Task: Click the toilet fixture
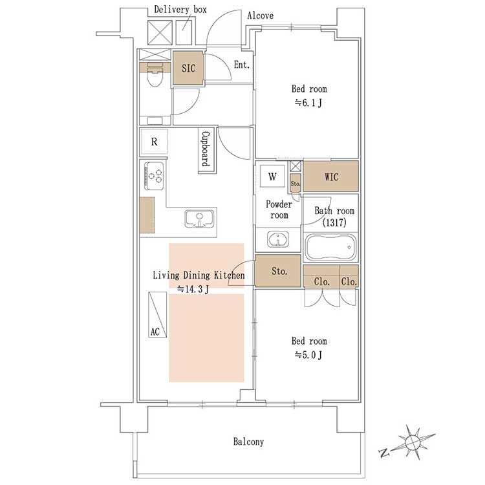click(155, 75)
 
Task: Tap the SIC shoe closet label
click(188, 68)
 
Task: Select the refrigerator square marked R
click(155, 142)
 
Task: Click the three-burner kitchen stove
click(154, 176)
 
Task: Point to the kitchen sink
click(200, 219)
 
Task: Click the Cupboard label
click(206, 149)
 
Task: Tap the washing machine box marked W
click(272, 177)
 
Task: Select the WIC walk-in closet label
click(331, 177)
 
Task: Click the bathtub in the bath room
click(330, 247)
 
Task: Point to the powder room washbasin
click(278, 239)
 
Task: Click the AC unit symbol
click(157, 314)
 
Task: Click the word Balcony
click(248, 442)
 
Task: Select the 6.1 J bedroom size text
click(308, 103)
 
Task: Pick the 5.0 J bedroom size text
click(308, 355)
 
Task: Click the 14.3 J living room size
click(193, 289)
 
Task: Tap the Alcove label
click(261, 16)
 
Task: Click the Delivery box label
click(180, 10)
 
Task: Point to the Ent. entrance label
click(242, 65)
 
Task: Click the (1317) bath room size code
click(334, 222)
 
